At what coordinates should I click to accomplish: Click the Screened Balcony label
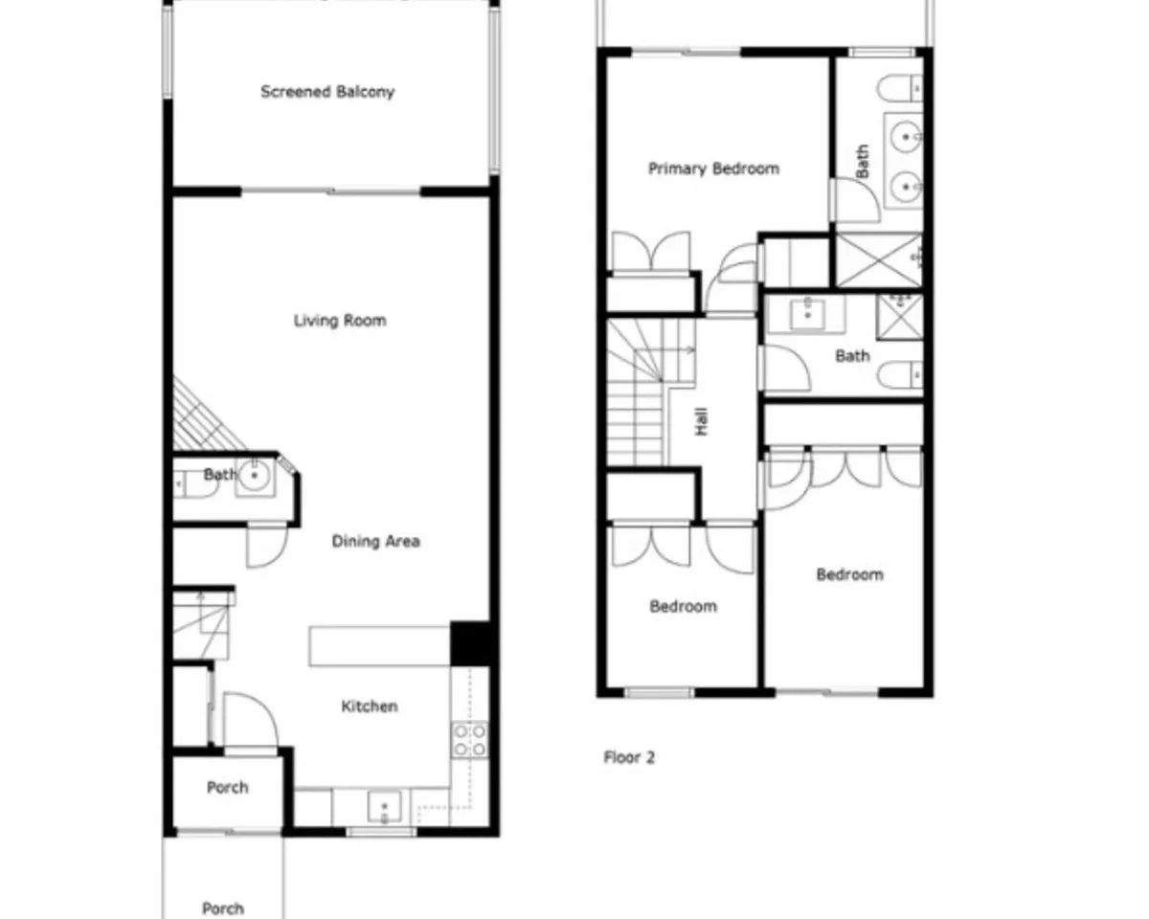[x=327, y=92]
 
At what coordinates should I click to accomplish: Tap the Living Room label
[x=340, y=321]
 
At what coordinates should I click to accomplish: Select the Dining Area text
[x=376, y=542]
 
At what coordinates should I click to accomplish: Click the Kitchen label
[x=370, y=706]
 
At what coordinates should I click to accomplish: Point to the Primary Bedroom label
[x=714, y=168]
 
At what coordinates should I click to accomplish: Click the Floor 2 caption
[x=629, y=757]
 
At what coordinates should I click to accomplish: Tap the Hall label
[x=702, y=421]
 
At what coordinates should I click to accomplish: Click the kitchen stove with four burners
[x=470, y=740]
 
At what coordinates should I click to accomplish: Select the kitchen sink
[x=384, y=807]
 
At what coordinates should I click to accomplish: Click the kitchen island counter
[x=379, y=646]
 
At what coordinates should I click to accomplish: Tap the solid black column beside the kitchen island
[x=470, y=643]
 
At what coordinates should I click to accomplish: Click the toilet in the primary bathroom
[x=901, y=89]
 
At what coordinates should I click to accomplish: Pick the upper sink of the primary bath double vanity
[x=906, y=137]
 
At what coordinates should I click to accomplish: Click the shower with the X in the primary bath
[x=879, y=261]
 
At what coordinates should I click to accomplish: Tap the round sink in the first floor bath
[x=255, y=475]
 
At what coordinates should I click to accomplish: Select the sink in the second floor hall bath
[x=808, y=314]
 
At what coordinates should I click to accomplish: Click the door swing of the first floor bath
[x=267, y=548]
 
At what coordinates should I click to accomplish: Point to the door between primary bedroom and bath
[x=855, y=200]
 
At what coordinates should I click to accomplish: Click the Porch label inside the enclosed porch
[x=228, y=788]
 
